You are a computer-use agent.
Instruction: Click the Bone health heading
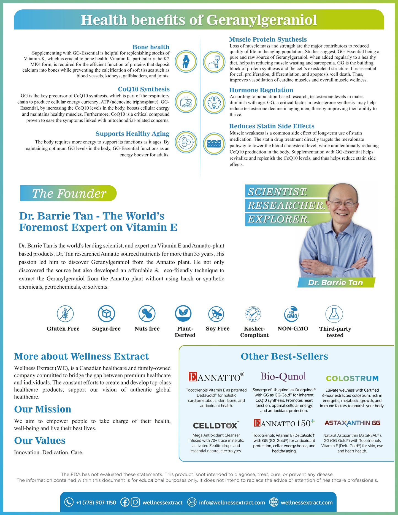(151, 47)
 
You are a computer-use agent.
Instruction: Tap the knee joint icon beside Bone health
(186, 61)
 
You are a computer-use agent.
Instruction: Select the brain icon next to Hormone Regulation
(214, 102)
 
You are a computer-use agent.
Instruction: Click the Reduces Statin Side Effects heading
(272, 126)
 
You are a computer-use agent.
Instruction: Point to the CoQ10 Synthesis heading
(144, 89)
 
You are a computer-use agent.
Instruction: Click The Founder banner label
(69, 193)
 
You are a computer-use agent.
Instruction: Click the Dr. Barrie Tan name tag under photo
(335, 283)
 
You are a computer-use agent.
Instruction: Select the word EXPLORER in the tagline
(278, 219)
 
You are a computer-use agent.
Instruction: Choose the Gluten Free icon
(65, 314)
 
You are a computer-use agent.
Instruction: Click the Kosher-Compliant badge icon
(253, 314)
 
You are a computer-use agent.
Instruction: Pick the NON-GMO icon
(292, 314)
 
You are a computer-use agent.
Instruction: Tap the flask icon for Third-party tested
(334, 314)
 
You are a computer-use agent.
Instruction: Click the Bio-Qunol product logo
(283, 376)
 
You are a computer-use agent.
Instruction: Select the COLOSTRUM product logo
(352, 378)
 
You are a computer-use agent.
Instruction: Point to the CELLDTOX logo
(216, 425)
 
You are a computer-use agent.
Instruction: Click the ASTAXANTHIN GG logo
(352, 423)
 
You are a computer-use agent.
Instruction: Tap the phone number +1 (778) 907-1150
(96, 503)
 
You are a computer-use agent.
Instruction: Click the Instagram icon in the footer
(135, 502)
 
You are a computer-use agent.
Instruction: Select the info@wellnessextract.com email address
(232, 503)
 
